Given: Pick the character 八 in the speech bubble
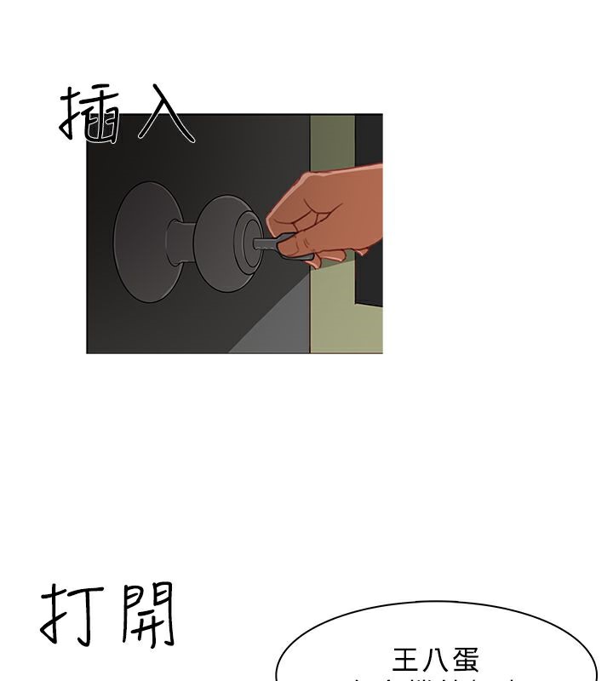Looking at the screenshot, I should coord(436,660).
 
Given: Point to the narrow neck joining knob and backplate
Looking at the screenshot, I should coord(180,243).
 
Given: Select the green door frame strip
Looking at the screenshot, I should coord(332,315).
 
